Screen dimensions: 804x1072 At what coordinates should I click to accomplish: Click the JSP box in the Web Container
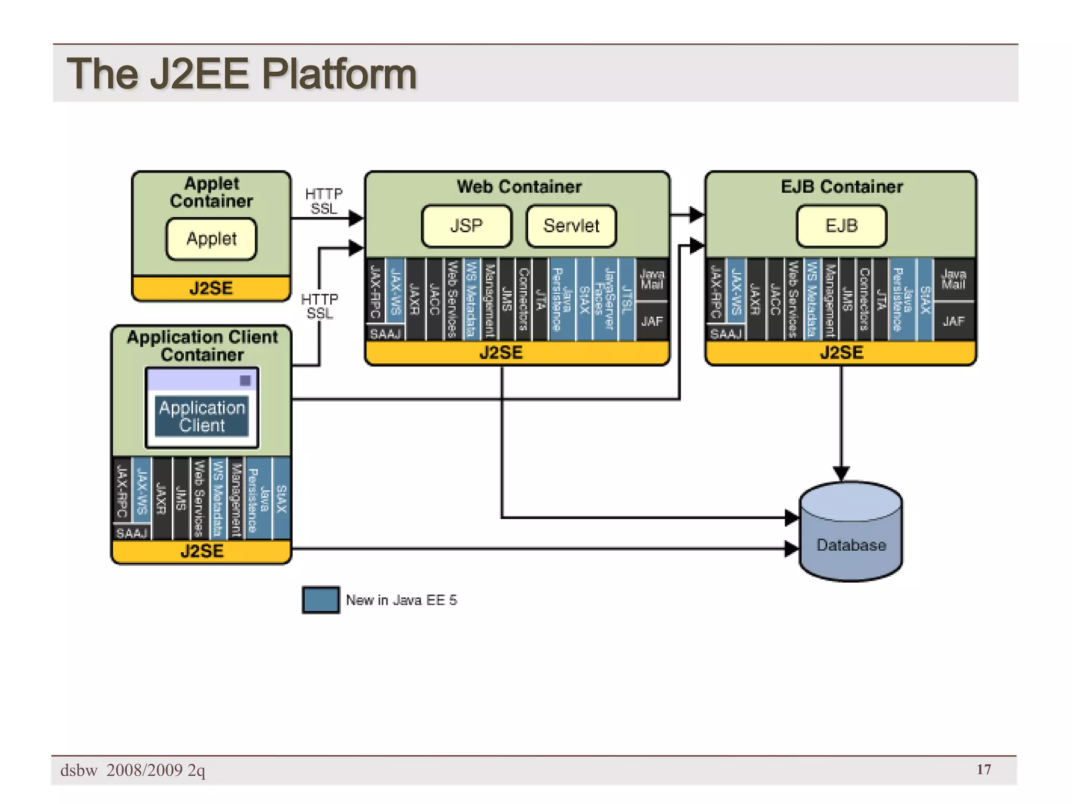pyautogui.click(x=466, y=226)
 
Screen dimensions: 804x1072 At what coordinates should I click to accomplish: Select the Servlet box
pyautogui.click(x=571, y=226)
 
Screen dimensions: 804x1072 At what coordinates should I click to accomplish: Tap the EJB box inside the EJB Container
pyautogui.click(x=841, y=226)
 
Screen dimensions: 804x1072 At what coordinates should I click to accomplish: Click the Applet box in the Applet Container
pyautogui.click(x=211, y=239)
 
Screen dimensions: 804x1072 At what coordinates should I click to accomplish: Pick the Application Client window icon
pyautogui.click(x=202, y=408)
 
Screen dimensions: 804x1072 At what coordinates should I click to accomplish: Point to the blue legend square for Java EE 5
pyautogui.click(x=321, y=600)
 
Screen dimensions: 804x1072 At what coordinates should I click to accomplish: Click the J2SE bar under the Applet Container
pyautogui.click(x=211, y=288)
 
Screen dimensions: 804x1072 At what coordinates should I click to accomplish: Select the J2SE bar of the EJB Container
pyautogui.click(x=841, y=353)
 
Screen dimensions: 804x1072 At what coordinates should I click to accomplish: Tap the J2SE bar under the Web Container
pyautogui.click(x=501, y=353)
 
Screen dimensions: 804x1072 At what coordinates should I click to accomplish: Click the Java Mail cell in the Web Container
pyautogui.click(x=652, y=280)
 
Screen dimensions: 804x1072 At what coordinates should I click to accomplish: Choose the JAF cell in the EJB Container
pyautogui.click(x=953, y=321)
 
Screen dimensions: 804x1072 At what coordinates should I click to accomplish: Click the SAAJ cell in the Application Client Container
pyautogui.click(x=132, y=533)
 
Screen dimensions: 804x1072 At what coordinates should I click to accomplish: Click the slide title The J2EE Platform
pyautogui.click(x=241, y=74)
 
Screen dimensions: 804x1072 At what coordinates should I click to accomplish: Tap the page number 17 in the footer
pyautogui.click(x=984, y=769)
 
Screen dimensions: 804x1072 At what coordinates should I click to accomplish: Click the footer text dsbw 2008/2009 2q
pyautogui.click(x=133, y=770)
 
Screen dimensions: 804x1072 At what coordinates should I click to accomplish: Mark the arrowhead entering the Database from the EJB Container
pyautogui.click(x=841, y=473)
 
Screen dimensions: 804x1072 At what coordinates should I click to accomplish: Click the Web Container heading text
pyautogui.click(x=519, y=187)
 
